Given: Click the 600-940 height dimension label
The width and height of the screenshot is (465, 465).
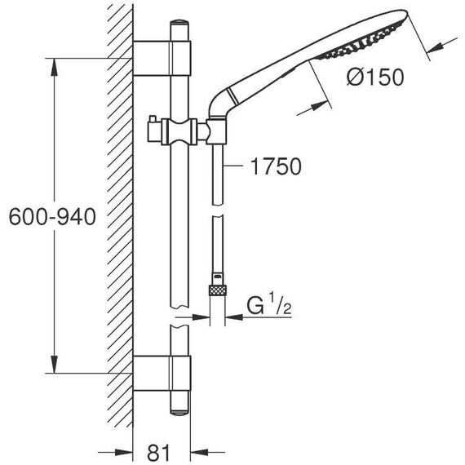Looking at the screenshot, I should pos(50,217).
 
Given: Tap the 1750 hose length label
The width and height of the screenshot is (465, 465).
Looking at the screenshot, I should pos(276,167).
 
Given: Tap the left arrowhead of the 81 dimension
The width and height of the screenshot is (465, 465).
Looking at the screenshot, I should pos(126,449).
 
